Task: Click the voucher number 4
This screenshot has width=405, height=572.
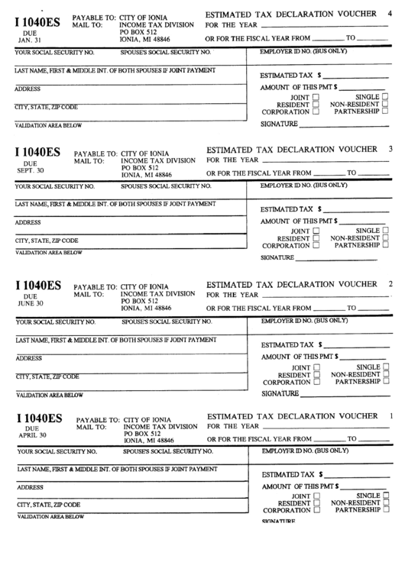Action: coord(390,15)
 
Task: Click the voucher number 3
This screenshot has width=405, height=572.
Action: coord(390,148)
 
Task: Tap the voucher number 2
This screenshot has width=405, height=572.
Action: coord(390,284)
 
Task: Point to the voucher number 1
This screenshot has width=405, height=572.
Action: coord(391,415)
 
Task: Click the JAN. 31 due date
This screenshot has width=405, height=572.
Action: coord(31,40)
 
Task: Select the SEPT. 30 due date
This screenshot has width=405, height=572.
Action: coord(31,170)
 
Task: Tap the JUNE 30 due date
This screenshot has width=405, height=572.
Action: coord(31,302)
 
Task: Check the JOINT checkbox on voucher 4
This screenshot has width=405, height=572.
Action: coord(314,98)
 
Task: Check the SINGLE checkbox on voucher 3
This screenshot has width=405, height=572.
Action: coord(384,230)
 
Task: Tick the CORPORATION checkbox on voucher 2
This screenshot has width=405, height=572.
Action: coord(315,382)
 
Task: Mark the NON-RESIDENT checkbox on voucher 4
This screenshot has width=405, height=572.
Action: coord(384,104)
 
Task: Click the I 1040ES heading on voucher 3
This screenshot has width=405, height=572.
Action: coord(38,150)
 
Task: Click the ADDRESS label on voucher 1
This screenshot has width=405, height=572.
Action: coord(29,486)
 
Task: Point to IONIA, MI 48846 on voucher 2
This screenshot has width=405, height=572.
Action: coord(147,309)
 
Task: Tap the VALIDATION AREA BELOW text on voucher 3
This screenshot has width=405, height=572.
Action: coord(49,252)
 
